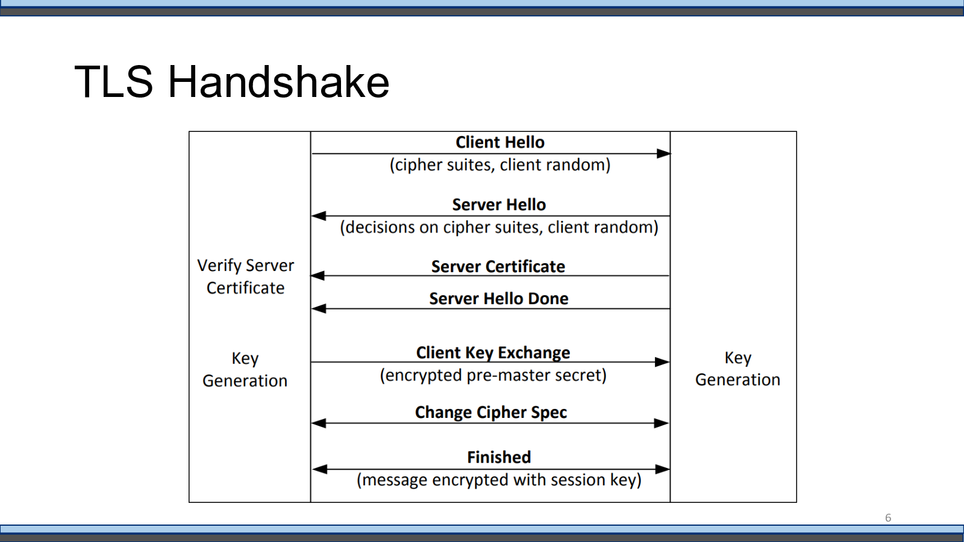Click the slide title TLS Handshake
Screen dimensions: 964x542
coord(231,82)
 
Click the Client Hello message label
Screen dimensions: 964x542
coord(500,142)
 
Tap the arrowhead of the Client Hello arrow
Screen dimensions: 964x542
coord(663,154)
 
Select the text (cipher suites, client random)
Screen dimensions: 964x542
coord(500,165)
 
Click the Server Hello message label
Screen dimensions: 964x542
coord(499,205)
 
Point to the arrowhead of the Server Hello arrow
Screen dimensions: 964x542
coord(319,216)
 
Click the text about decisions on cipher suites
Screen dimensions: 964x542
coord(499,228)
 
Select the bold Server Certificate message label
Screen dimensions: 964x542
coord(498,267)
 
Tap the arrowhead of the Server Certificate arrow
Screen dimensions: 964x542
coord(318,276)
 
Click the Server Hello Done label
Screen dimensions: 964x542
coord(499,299)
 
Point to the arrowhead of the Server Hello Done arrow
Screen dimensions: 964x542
coord(319,308)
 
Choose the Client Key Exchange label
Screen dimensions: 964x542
coord(493,353)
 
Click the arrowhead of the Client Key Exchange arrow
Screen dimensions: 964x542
coord(662,362)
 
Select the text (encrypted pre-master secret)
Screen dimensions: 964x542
coord(493,376)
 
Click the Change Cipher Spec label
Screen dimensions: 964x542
coord(490,413)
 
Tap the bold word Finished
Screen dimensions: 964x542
coord(499,457)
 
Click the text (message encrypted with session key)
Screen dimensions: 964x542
coord(499,480)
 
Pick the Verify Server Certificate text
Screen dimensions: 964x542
coord(245,276)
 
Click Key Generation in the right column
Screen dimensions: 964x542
coord(737,369)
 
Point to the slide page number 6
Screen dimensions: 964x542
coord(888,518)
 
